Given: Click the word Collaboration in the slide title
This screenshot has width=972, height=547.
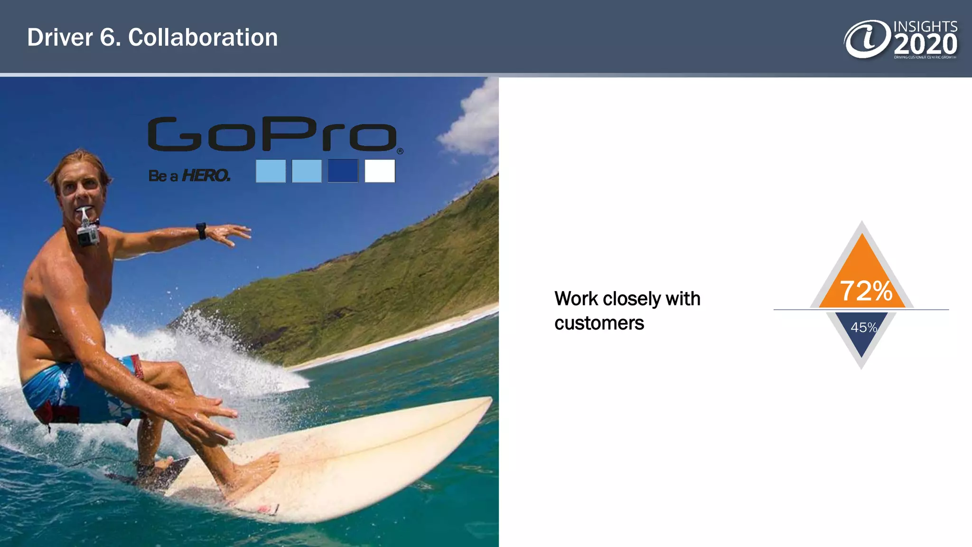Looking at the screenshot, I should [203, 38].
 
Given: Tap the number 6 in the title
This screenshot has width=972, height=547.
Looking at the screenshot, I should [107, 38].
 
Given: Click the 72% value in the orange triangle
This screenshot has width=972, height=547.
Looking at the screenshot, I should [866, 291].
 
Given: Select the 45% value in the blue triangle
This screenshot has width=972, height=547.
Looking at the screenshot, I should [863, 327].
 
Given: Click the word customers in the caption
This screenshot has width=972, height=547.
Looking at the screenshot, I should [599, 323].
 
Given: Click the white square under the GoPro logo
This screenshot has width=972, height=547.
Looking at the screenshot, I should [380, 171].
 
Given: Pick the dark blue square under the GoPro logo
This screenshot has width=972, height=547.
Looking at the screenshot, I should [343, 171].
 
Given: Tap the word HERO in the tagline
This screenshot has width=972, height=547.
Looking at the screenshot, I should [206, 176].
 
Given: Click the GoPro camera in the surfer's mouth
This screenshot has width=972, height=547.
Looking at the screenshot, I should [88, 233].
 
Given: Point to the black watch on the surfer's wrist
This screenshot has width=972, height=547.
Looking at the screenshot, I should [202, 231].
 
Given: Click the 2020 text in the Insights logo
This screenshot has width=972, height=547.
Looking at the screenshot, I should [925, 45].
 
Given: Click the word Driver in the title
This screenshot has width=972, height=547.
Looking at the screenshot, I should [60, 38].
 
